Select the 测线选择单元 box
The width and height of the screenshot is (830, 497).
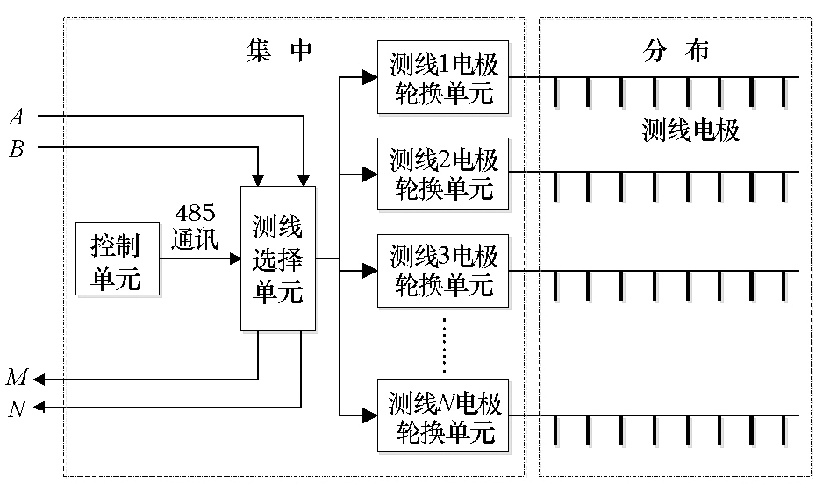(278, 259)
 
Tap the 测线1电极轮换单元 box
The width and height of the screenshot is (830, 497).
(443, 77)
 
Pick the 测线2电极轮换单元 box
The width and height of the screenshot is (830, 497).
(443, 174)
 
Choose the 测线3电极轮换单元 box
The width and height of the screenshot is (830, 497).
(443, 271)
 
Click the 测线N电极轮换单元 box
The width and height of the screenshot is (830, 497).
(443, 415)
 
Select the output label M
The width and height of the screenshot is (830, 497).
(17, 379)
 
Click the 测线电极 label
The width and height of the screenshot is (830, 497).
(690, 131)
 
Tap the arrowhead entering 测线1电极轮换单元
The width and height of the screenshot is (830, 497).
(370, 77)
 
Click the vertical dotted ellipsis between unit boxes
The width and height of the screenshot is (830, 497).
(444, 344)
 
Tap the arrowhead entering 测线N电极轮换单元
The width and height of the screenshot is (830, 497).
(370, 414)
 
